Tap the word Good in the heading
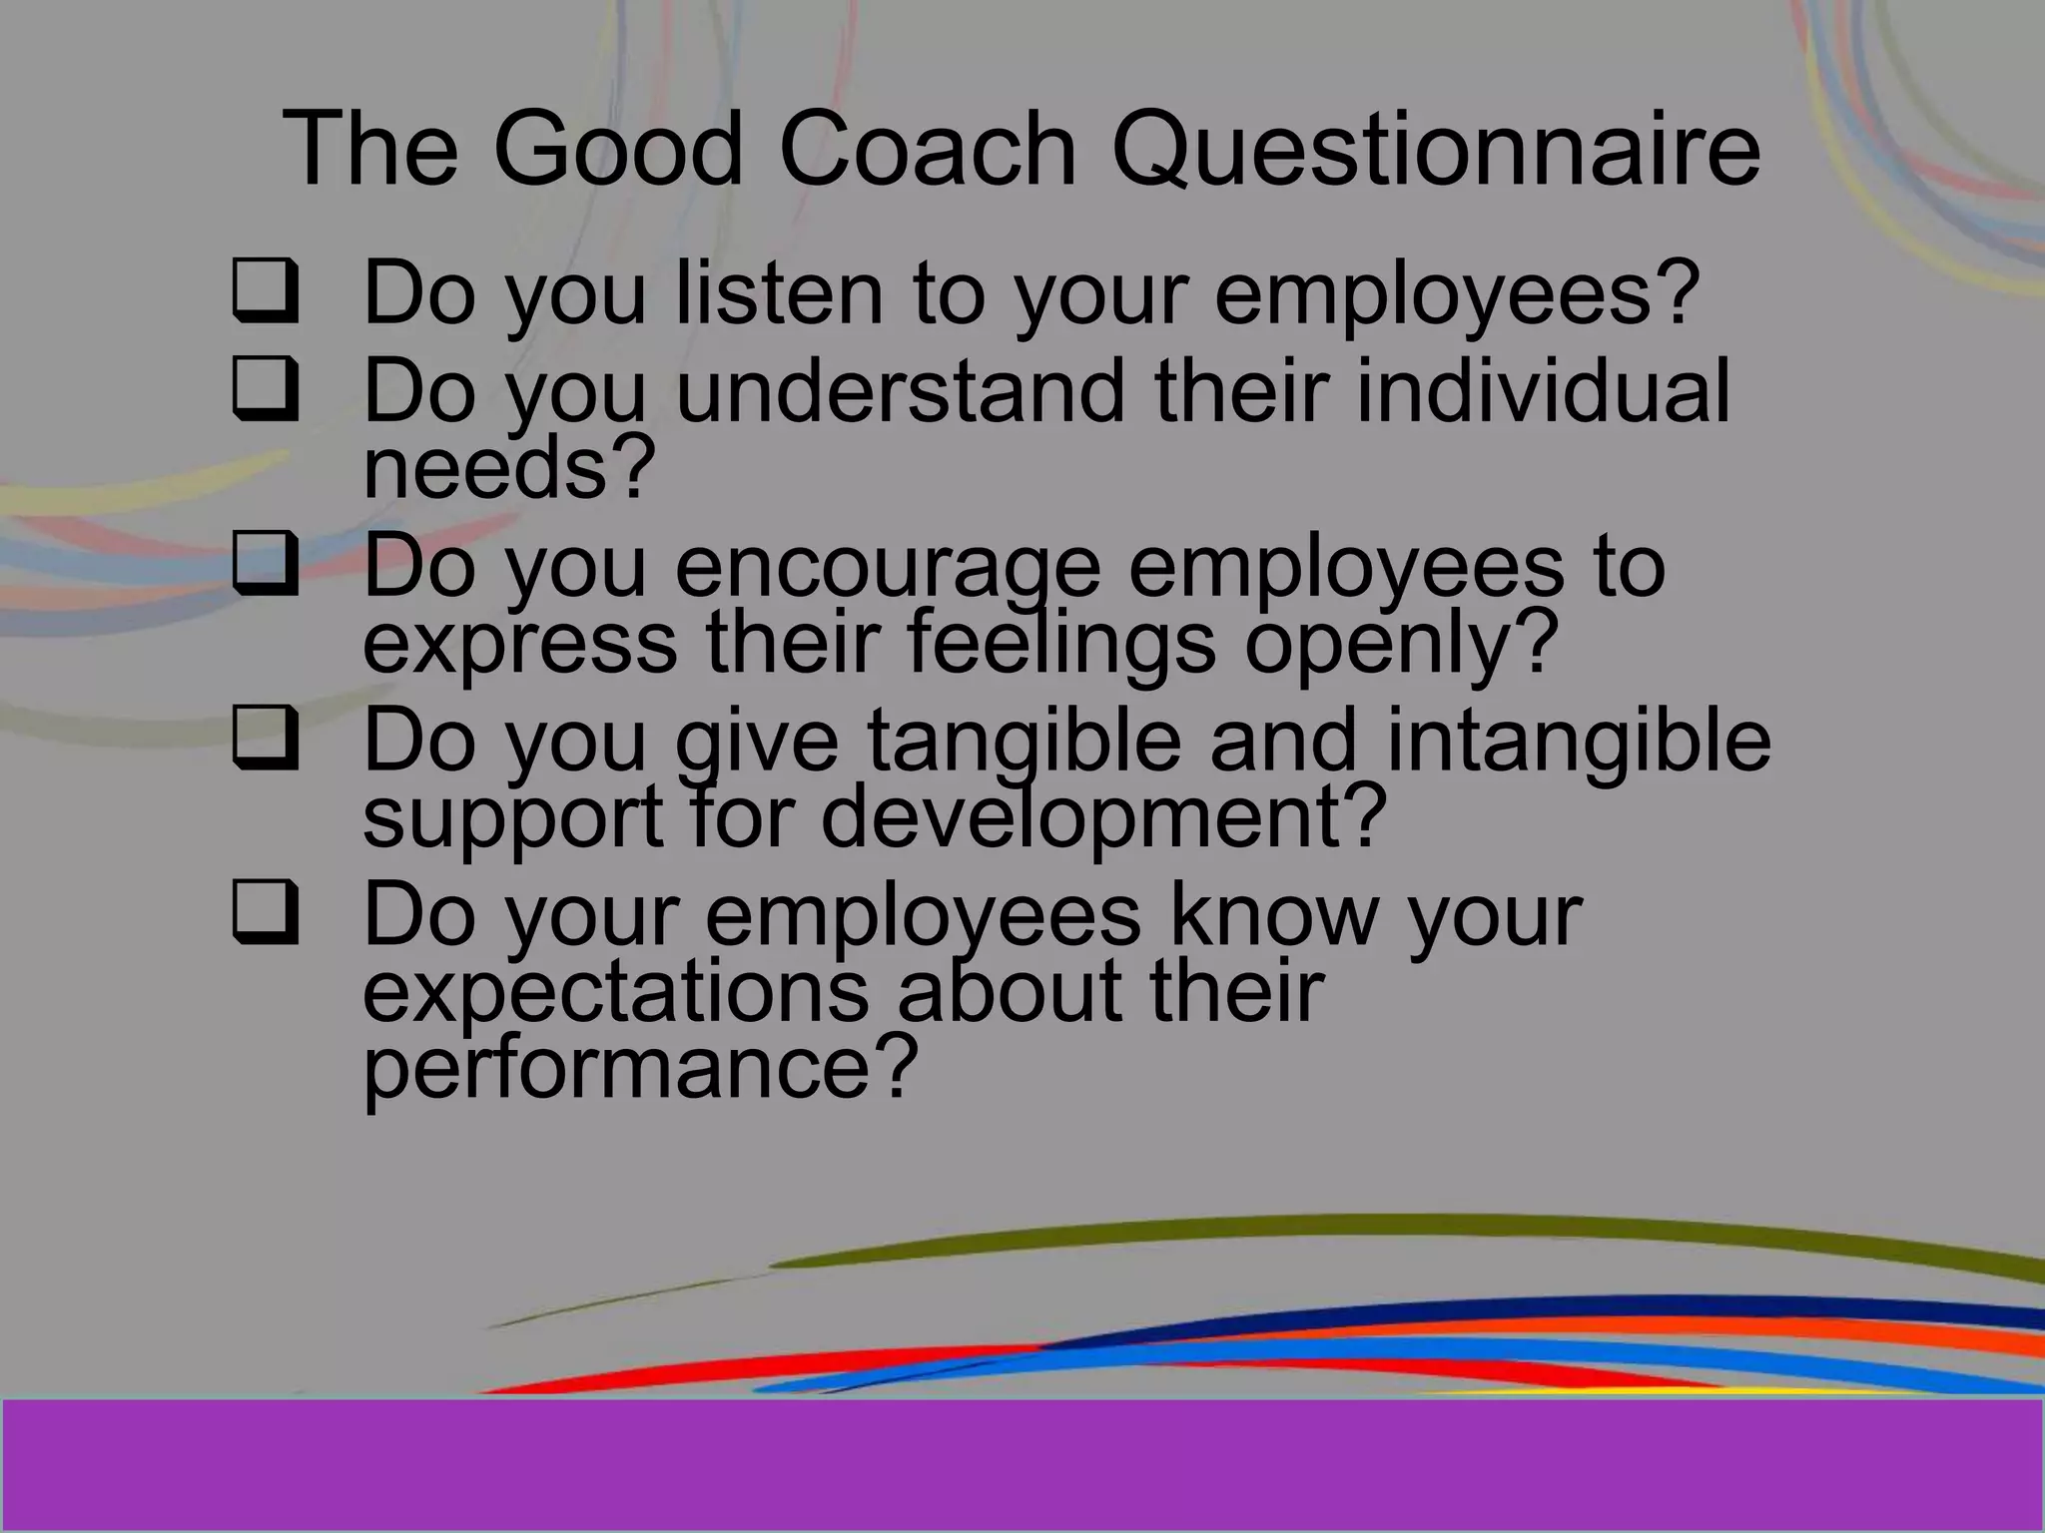click(618, 150)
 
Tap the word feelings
click(1061, 644)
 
